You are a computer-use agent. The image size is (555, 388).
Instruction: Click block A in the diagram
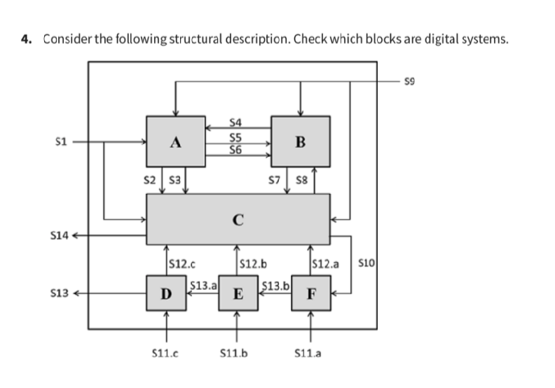tap(175, 141)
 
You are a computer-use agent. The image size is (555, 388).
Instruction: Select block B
tap(301, 141)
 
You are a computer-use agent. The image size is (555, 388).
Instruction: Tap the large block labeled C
tap(238, 219)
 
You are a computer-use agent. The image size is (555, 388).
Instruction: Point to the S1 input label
tap(60, 142)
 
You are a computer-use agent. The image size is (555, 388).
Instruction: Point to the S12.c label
tap(182, 265)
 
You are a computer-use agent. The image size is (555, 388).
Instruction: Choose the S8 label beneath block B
tap(302, 180)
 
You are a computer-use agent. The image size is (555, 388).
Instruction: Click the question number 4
tap(26, 39)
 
